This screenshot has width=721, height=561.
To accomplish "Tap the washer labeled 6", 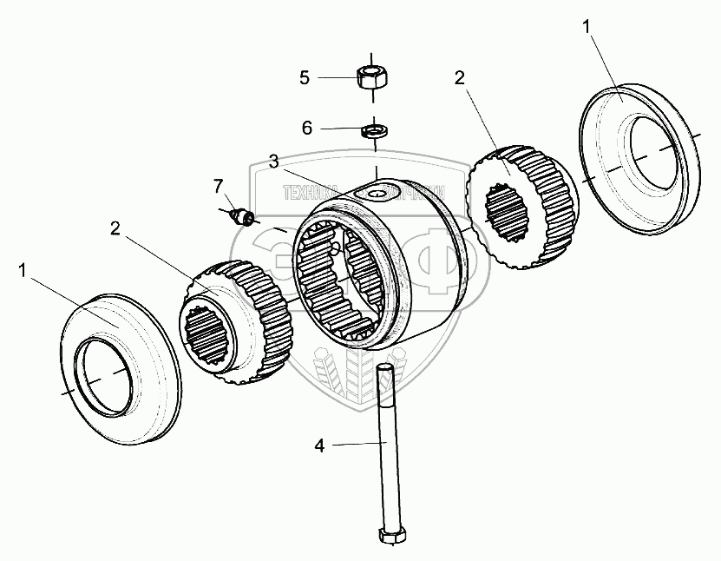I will tap(375, 131).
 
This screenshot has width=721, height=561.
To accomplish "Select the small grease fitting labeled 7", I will tap(242, 216).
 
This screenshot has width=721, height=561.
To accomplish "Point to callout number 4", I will tap(319, 445).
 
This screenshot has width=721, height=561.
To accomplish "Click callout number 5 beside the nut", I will tap(305, 77).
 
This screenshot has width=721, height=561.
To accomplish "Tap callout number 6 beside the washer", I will tap(307, 128).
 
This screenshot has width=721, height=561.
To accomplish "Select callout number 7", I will tap(219, 185).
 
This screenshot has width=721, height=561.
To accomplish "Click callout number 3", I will tap(273, 162).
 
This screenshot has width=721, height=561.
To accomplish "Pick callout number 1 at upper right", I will tap(587, 28).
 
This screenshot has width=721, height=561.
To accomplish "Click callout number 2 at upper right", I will tap(459, 77).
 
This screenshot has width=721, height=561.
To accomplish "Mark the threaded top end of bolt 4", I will tap(385, 373).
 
